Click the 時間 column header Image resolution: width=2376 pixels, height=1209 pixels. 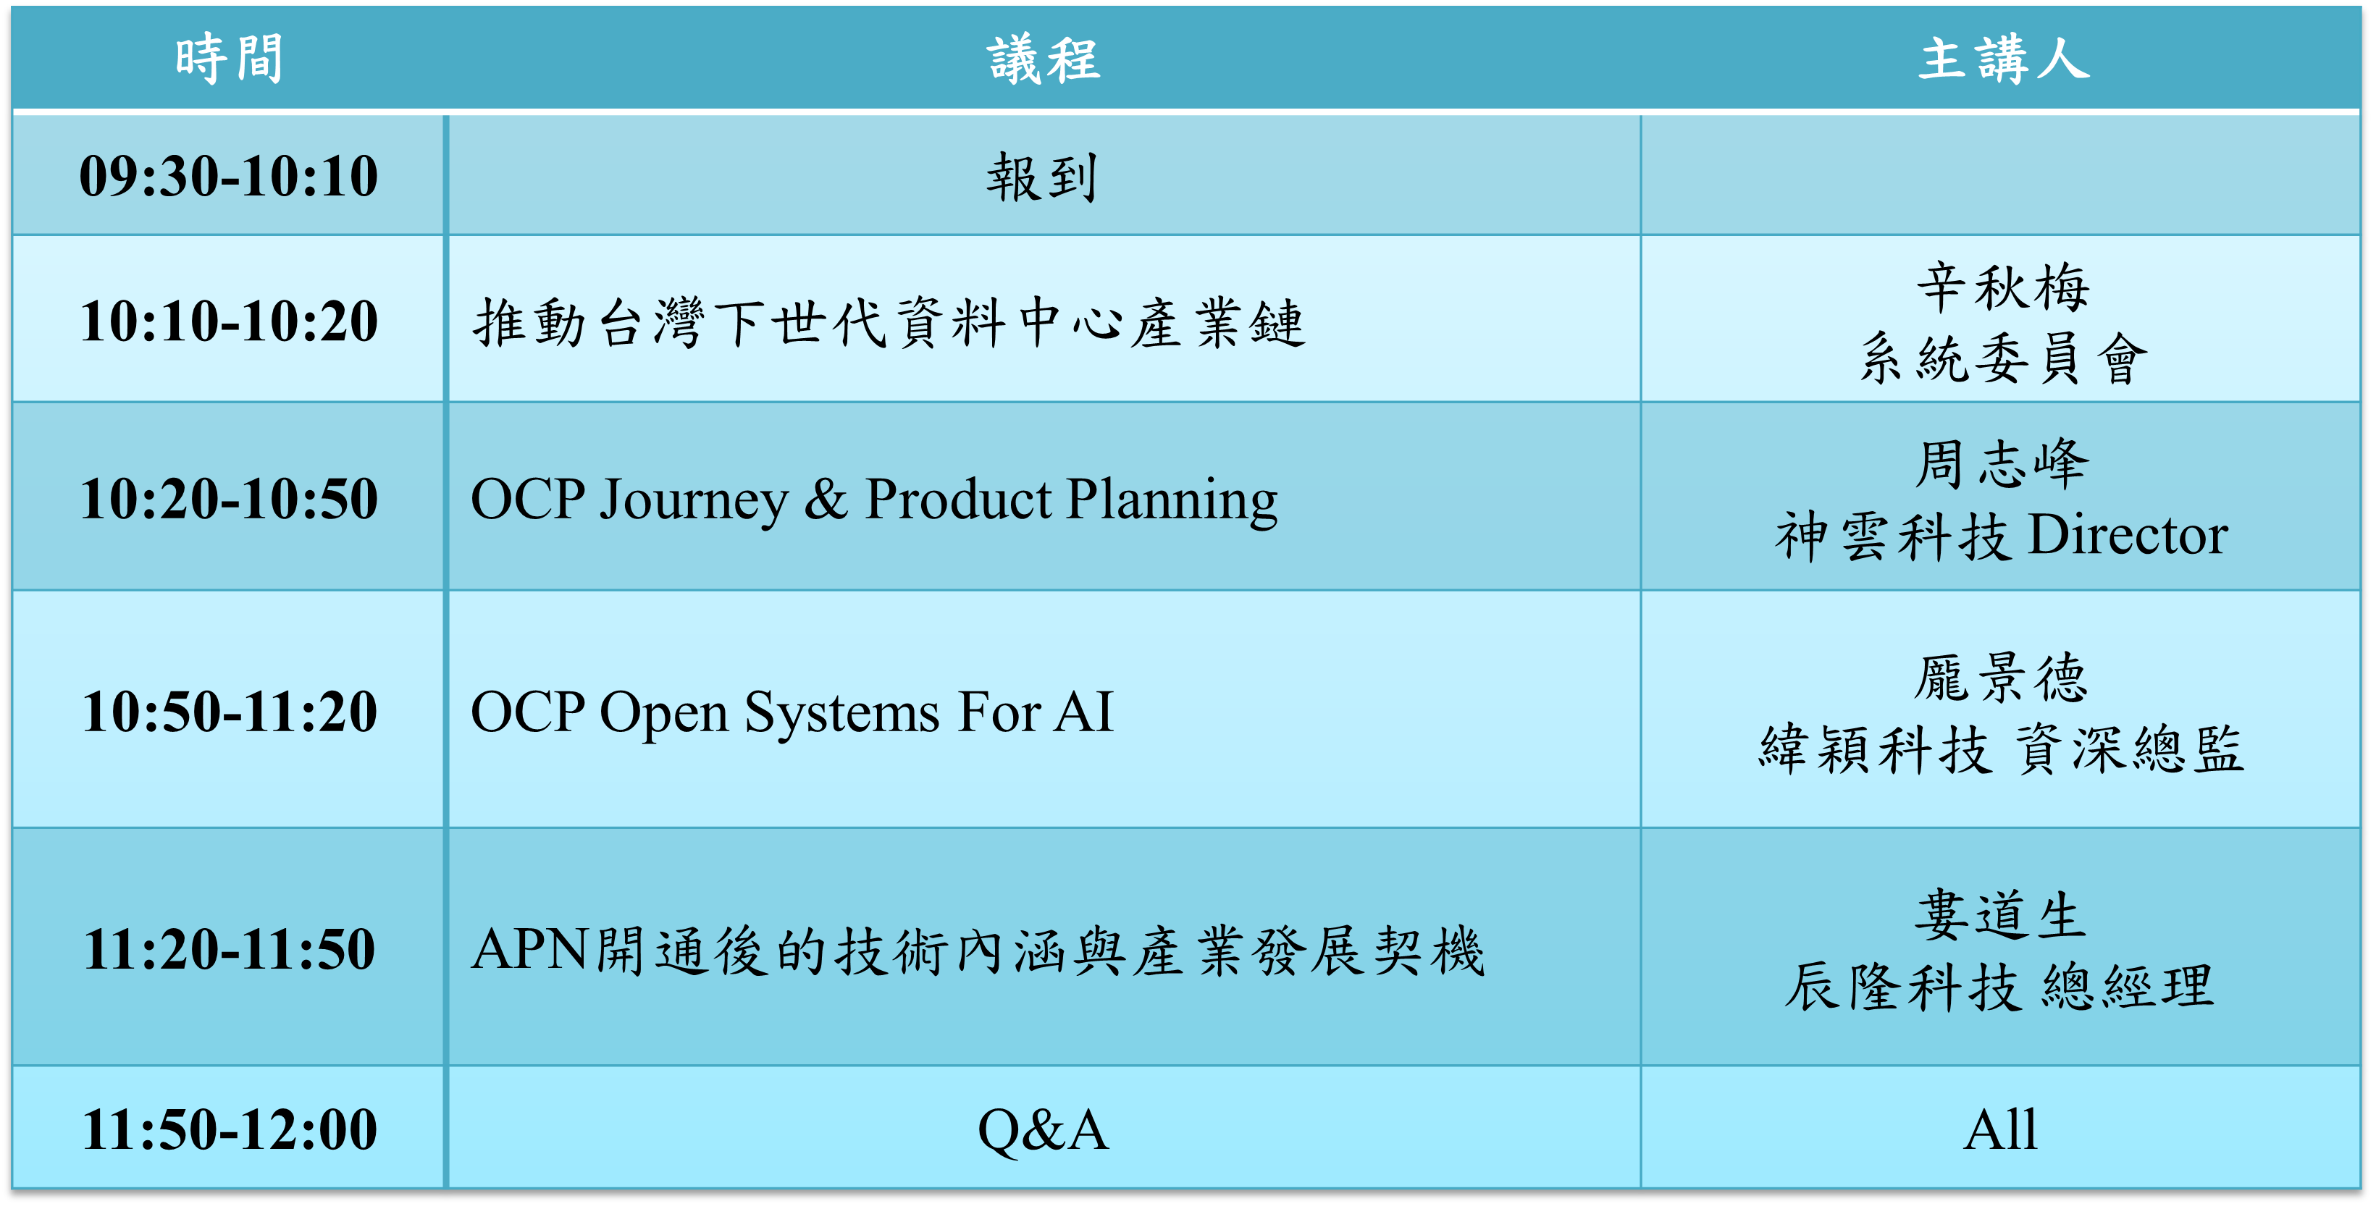click(229, 59)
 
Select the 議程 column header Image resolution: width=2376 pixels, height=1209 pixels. click(1044, 60)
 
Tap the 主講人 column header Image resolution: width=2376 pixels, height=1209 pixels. click(2003, 59)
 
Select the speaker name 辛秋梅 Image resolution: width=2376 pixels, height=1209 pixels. click(2003, 287)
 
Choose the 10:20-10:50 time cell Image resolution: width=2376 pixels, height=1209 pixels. click(229, 499)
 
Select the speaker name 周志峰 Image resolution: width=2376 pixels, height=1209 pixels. click(2002, 464)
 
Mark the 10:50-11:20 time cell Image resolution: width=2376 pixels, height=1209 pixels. click(229, 712)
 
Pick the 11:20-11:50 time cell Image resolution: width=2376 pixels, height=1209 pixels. click(229, 949)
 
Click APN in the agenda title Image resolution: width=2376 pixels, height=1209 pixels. click(529, 949)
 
